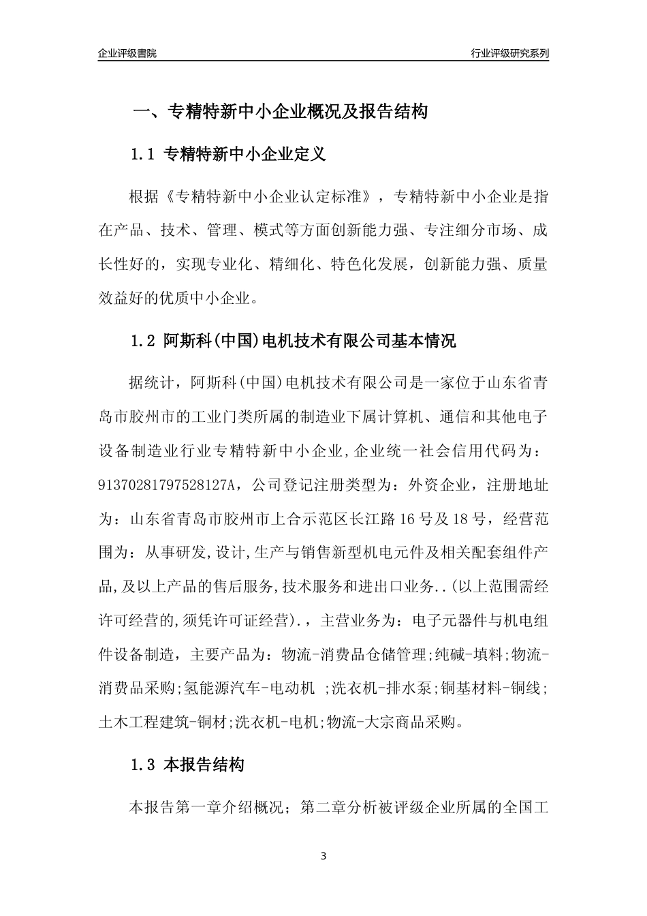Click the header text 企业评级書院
[x=127, y=53]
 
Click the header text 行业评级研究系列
[x=509, y=53]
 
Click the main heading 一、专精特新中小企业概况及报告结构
[x=279, y=112]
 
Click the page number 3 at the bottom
[x=323, y=856]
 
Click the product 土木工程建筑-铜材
[x=165, y=722]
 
